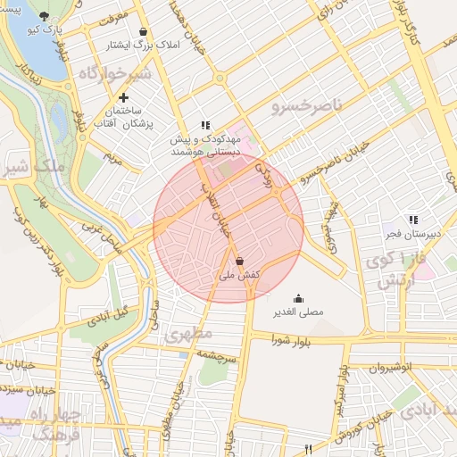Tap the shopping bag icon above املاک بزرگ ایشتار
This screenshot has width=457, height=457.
click(143, 30)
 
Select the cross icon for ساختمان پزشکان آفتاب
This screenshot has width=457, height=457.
click(122, 96)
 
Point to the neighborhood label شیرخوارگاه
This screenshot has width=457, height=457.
click(115, 73)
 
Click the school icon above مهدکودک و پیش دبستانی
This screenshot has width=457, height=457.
click(205, 126)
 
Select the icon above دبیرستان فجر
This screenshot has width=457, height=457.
click(411, 219)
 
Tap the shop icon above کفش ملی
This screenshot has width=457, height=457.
click(239, 262)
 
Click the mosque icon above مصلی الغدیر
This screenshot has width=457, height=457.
click(297, 299)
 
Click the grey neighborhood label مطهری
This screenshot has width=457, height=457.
click(188, 335)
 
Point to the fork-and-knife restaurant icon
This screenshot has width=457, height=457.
click(309, 449)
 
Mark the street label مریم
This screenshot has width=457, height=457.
click(112, 158)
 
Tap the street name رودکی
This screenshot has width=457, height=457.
click(262, 166)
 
